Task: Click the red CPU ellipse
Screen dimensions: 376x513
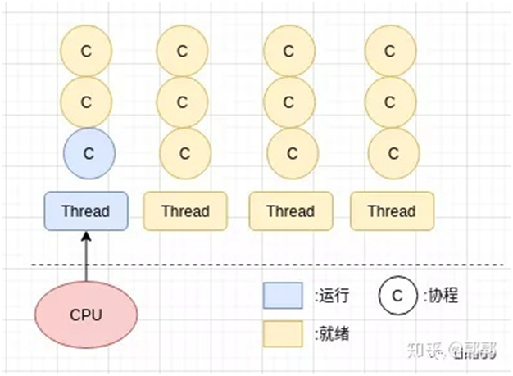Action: pos(86,315)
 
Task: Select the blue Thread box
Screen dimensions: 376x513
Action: pos(85,211)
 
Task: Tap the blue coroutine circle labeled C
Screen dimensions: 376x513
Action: pos(89,153)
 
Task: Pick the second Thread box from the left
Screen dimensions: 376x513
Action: pos(185,211)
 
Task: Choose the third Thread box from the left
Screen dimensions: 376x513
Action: pos(290,211)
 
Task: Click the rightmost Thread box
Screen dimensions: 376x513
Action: pos(392,211)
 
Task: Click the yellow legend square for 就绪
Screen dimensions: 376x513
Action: pos(280,333)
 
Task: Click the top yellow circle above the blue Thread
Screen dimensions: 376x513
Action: pos(87,51)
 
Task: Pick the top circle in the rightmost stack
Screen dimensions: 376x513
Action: pos(392,51)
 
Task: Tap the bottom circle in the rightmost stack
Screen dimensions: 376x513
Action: pos(392,153)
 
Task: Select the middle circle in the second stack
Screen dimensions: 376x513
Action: pos(184,102)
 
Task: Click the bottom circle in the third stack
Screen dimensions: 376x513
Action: pos(288,153)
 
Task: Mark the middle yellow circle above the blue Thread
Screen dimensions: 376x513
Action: pos(87,102)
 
